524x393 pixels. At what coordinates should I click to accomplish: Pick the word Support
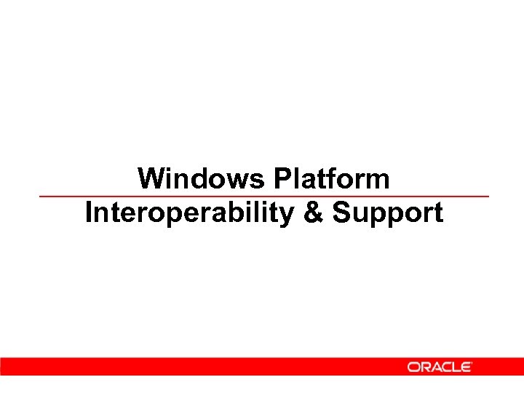point(388,213)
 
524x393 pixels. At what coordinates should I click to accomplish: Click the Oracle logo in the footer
point(439,367)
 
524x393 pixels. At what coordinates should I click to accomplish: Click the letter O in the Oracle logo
point(413,367)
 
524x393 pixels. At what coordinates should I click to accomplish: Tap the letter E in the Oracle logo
point(465,367)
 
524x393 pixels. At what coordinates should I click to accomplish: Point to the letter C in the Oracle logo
point(445,367)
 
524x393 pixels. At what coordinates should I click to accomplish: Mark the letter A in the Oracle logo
point(434,367)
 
